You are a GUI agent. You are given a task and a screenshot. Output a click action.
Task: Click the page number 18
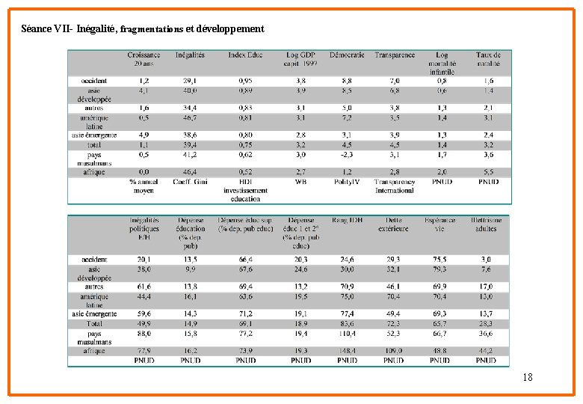(528, 378)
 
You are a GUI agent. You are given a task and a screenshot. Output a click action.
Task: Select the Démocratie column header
(347, 55)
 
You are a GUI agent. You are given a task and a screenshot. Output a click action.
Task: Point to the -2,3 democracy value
(347, 154)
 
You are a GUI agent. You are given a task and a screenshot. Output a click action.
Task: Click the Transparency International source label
(395, 186)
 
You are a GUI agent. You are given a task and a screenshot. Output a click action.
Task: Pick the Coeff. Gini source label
(190, 181)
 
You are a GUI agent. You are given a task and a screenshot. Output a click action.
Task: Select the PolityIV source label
(347, 181)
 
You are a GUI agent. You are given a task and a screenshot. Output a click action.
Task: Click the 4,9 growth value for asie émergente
(144, 135)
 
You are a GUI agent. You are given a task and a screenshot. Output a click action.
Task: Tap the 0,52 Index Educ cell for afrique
(245, 172)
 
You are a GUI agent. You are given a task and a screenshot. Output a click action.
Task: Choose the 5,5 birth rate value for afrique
(488, 172)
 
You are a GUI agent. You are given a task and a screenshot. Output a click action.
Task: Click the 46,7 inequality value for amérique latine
(190, 117)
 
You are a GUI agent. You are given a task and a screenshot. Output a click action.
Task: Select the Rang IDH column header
(347, 221)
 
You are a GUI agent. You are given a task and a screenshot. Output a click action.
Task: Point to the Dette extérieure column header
(394, 224)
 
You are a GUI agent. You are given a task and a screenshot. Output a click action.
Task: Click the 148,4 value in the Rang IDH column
(347, 351)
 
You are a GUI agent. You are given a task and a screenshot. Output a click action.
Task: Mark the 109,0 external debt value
(394, 351)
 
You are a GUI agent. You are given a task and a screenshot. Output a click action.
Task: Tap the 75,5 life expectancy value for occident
(440, 260)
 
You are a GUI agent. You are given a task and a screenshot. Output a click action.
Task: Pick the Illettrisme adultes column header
(486, 224)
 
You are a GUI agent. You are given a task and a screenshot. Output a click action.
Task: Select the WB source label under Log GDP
(300, 181)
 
